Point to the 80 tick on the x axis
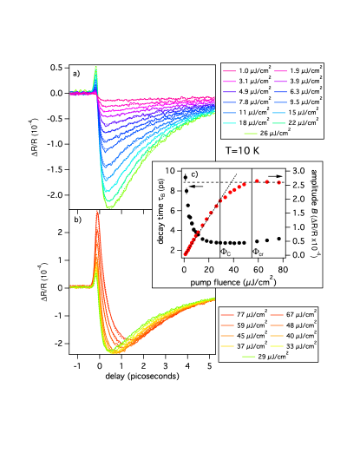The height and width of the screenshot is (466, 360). tap(283, 268)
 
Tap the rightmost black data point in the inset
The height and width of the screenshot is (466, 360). tap(279, 239)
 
